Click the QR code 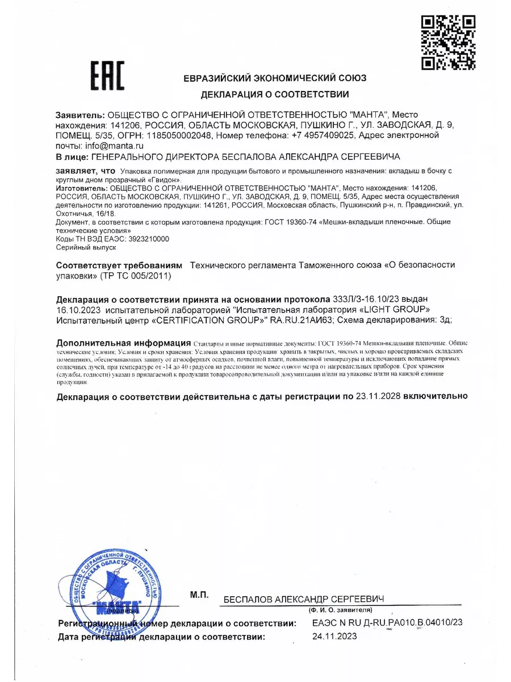[448, 43]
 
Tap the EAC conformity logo [108, 76]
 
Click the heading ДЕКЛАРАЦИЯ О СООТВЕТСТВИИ [275, 94]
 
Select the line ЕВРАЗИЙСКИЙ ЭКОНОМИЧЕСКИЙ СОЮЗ [275, 78]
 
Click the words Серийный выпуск [86, 248]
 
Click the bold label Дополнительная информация [123, 343]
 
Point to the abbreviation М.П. [200, 594]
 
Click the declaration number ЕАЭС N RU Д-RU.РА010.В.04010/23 [387, 623]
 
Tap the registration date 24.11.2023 [334, 636]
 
